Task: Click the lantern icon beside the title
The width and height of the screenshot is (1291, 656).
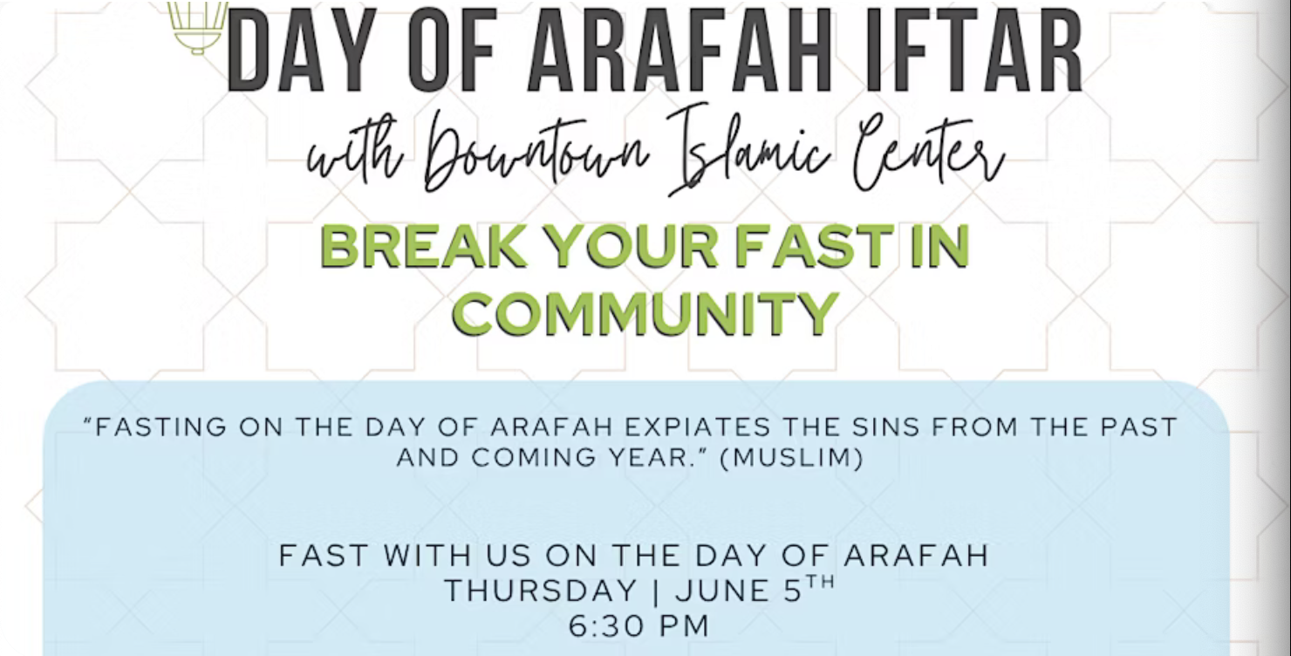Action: click(x=197, y=27)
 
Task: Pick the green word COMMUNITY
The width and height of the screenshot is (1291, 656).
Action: click(x=645, y=313)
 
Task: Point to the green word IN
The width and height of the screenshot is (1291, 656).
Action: click(x=939, y=246)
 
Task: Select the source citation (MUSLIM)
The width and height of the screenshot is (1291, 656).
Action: click(x=792, y=458)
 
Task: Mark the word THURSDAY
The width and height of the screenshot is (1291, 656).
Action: click(x=541, y=591)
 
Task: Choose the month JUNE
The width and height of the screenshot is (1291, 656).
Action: click(x=720, y=591)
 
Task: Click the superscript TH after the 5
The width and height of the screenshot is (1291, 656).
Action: click(x=820, y=582)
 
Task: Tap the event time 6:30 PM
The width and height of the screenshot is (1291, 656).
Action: click(x=639, y=626)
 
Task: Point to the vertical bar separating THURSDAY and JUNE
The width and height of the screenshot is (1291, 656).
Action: click(x=657, y=591)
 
